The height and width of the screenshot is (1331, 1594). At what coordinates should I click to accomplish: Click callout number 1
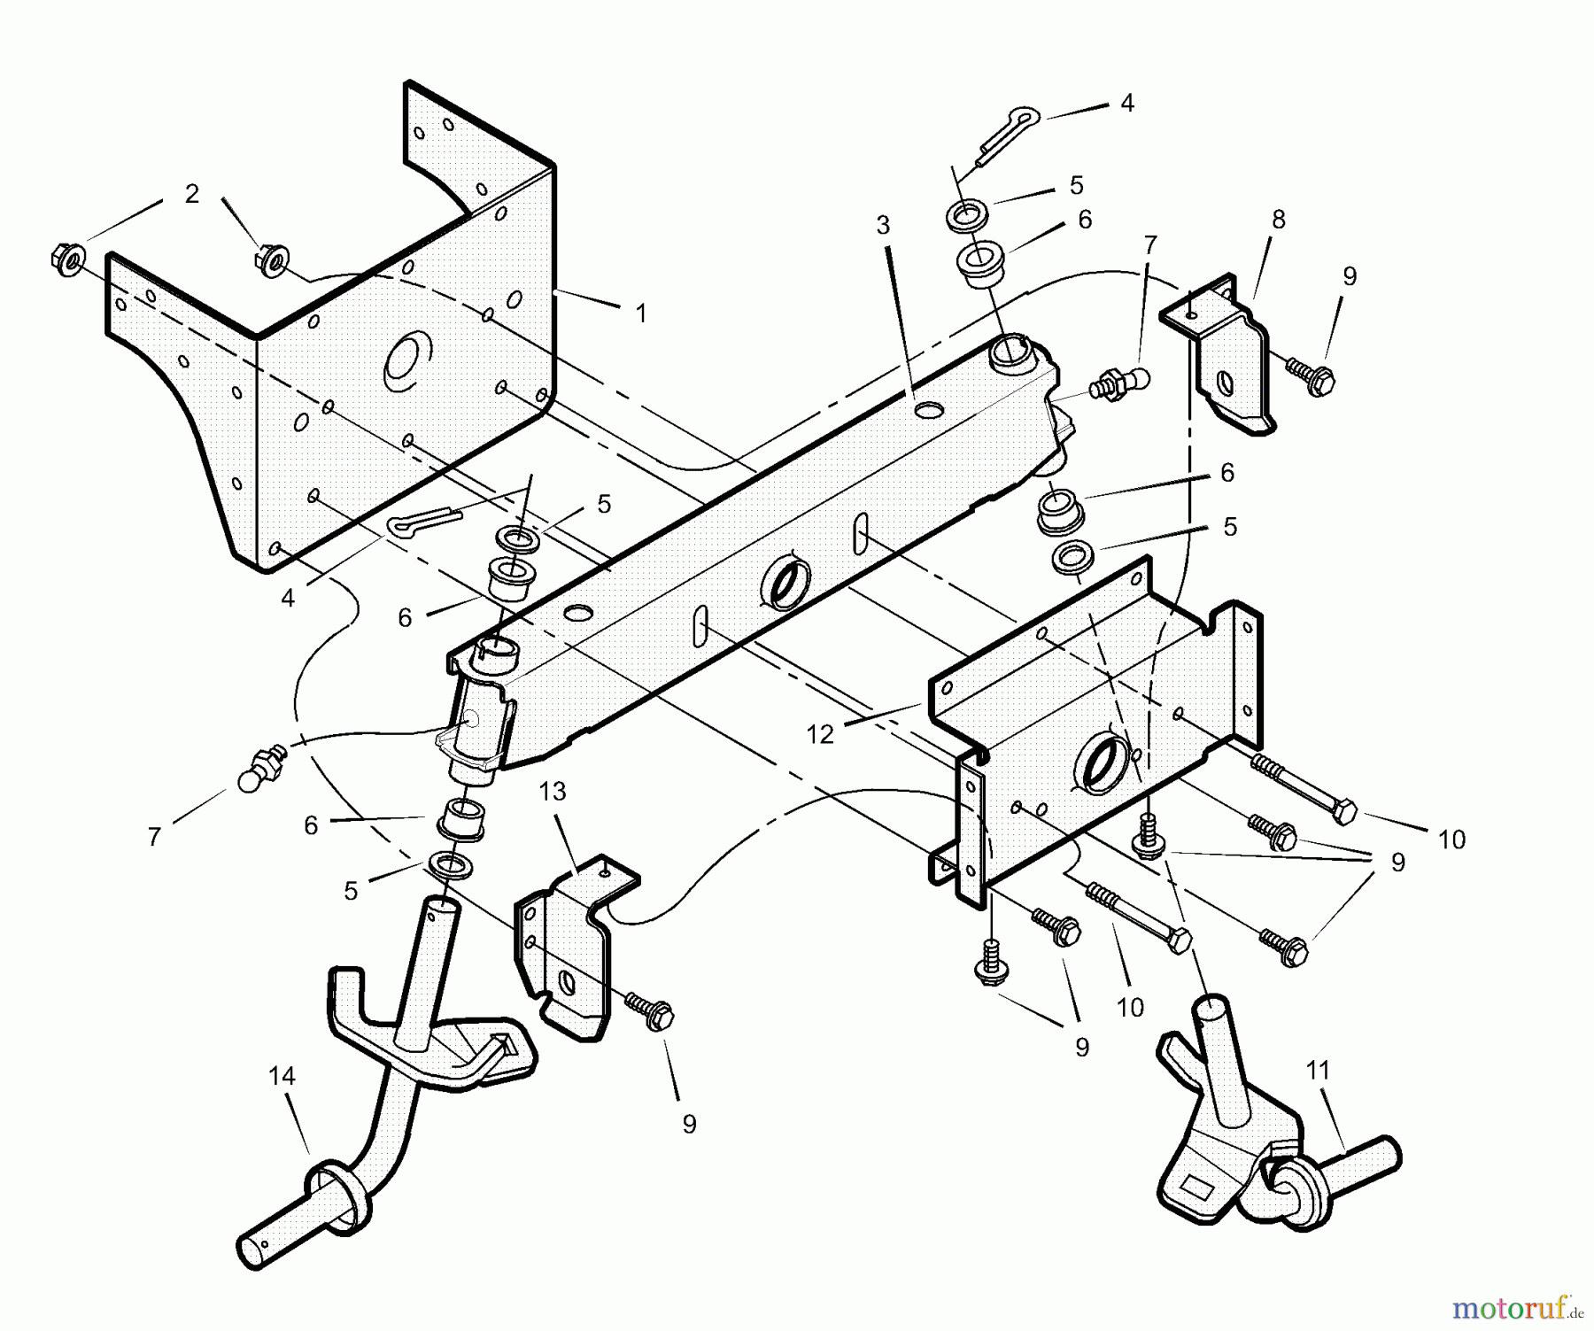point(640,313)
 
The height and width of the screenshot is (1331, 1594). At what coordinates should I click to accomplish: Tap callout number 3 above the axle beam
point(882,226)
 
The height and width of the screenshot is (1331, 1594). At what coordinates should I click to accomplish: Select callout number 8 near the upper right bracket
point(1277,220)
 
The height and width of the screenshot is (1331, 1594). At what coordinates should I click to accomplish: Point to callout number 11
point(1318,1071)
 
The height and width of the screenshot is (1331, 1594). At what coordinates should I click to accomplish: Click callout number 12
point(820,734)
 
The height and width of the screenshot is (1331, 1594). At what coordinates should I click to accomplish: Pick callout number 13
point(553,791)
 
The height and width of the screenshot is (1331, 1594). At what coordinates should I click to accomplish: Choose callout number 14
point(282,1076)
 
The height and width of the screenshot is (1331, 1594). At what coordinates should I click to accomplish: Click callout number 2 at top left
point(192,194)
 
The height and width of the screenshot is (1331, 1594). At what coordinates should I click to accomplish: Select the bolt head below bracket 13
point(660,1017)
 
